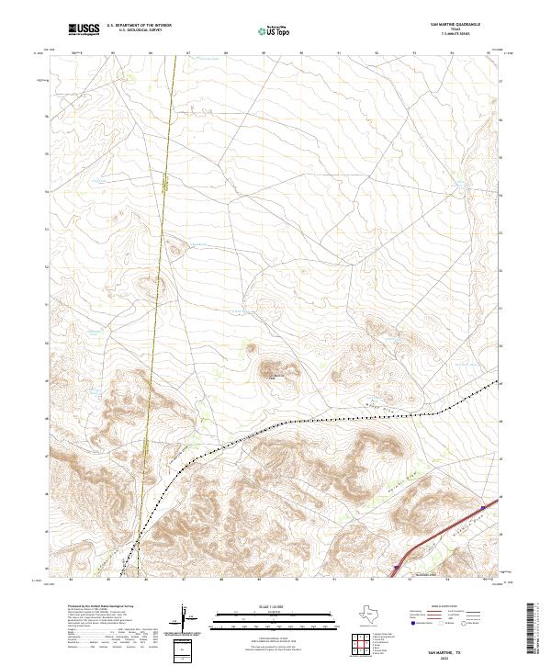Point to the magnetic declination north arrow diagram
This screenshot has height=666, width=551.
(x=186, y=620)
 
